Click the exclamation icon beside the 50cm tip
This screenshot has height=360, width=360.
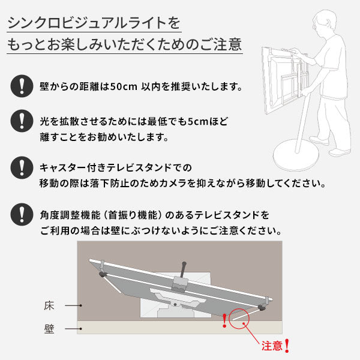tap(22, 86)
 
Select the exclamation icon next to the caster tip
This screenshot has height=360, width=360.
tap(22, 165)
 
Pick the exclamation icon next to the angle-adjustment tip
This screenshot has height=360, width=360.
tap(22, 213)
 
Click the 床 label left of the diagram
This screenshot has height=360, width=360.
tap(49, 305)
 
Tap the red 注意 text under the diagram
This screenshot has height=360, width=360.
tap(271, 346)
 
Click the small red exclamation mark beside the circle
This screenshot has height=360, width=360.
tap(224, 321)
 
